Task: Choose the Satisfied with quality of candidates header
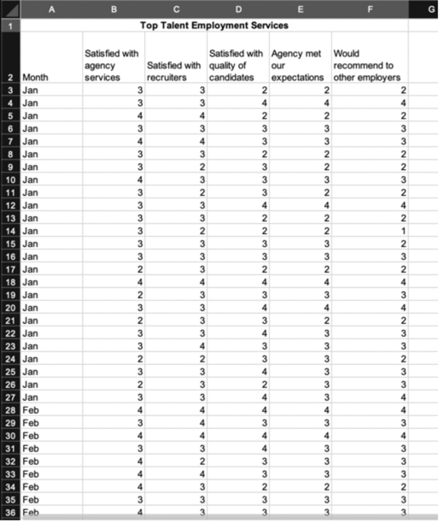coord(237,65)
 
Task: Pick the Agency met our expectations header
coord(298,65)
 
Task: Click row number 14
coord(9,231)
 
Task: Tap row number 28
coord(9,410)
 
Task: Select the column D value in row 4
coord(265,103)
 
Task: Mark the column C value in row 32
coord(202,461)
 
